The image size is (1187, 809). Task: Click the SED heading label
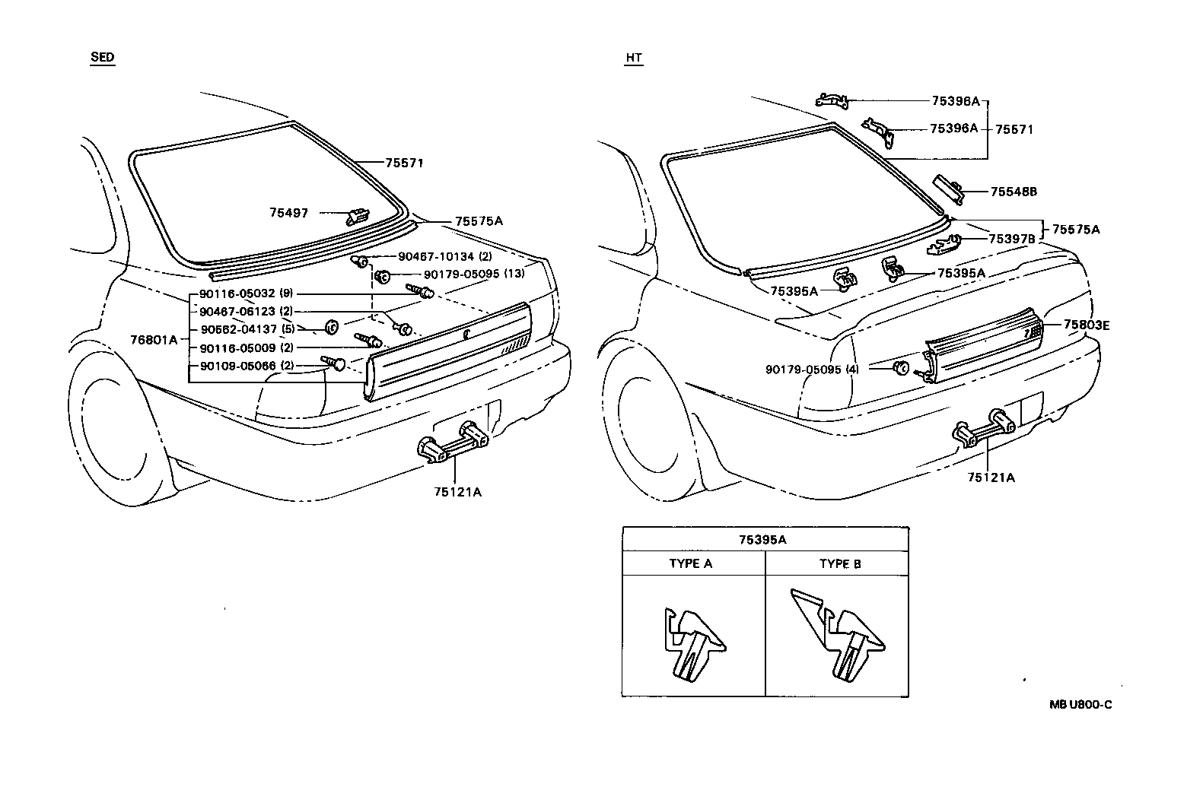[x=102, y=58]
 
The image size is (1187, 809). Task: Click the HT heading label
[x=633, y=58]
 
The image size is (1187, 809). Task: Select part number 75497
[x=288, y=213]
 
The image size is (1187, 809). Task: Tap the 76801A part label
[x=153, y=340]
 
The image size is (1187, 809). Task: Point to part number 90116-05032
[x=237, y=293]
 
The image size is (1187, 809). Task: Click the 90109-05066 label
[x=237, y=366]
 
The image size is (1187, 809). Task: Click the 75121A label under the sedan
[x=457, y=491]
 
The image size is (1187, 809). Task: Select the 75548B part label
[x=1014, y=192]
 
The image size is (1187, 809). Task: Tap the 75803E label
[x=1086, y=325]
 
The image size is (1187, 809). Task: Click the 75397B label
[x=1011, y=239]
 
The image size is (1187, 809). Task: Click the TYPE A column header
[x=691, y=563]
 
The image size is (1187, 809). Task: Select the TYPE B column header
[x=840, y=563]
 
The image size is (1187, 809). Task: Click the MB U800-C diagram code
[x=1080, y=705]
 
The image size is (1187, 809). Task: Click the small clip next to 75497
[x=357, y=217]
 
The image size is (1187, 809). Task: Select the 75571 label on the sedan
[x=403, y=163]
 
